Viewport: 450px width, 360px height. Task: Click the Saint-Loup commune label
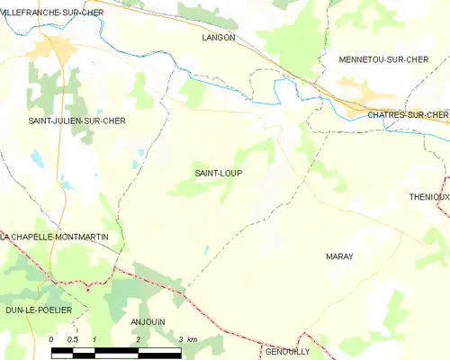point(219,173)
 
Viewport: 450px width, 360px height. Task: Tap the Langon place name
point(219,38)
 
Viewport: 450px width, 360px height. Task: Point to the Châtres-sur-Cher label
point(407,114)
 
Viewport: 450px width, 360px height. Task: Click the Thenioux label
point(428,197)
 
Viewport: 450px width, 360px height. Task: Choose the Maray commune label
point(339,256)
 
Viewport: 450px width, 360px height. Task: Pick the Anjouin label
point(148,321)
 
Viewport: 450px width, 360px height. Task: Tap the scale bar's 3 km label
point(187,339)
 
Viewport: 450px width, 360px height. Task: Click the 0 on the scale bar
point(51,339)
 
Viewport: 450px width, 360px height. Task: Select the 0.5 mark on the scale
point(73,339)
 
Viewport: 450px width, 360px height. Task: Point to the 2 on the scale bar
point(137,339)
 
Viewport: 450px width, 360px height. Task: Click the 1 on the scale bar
point(94,339)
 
